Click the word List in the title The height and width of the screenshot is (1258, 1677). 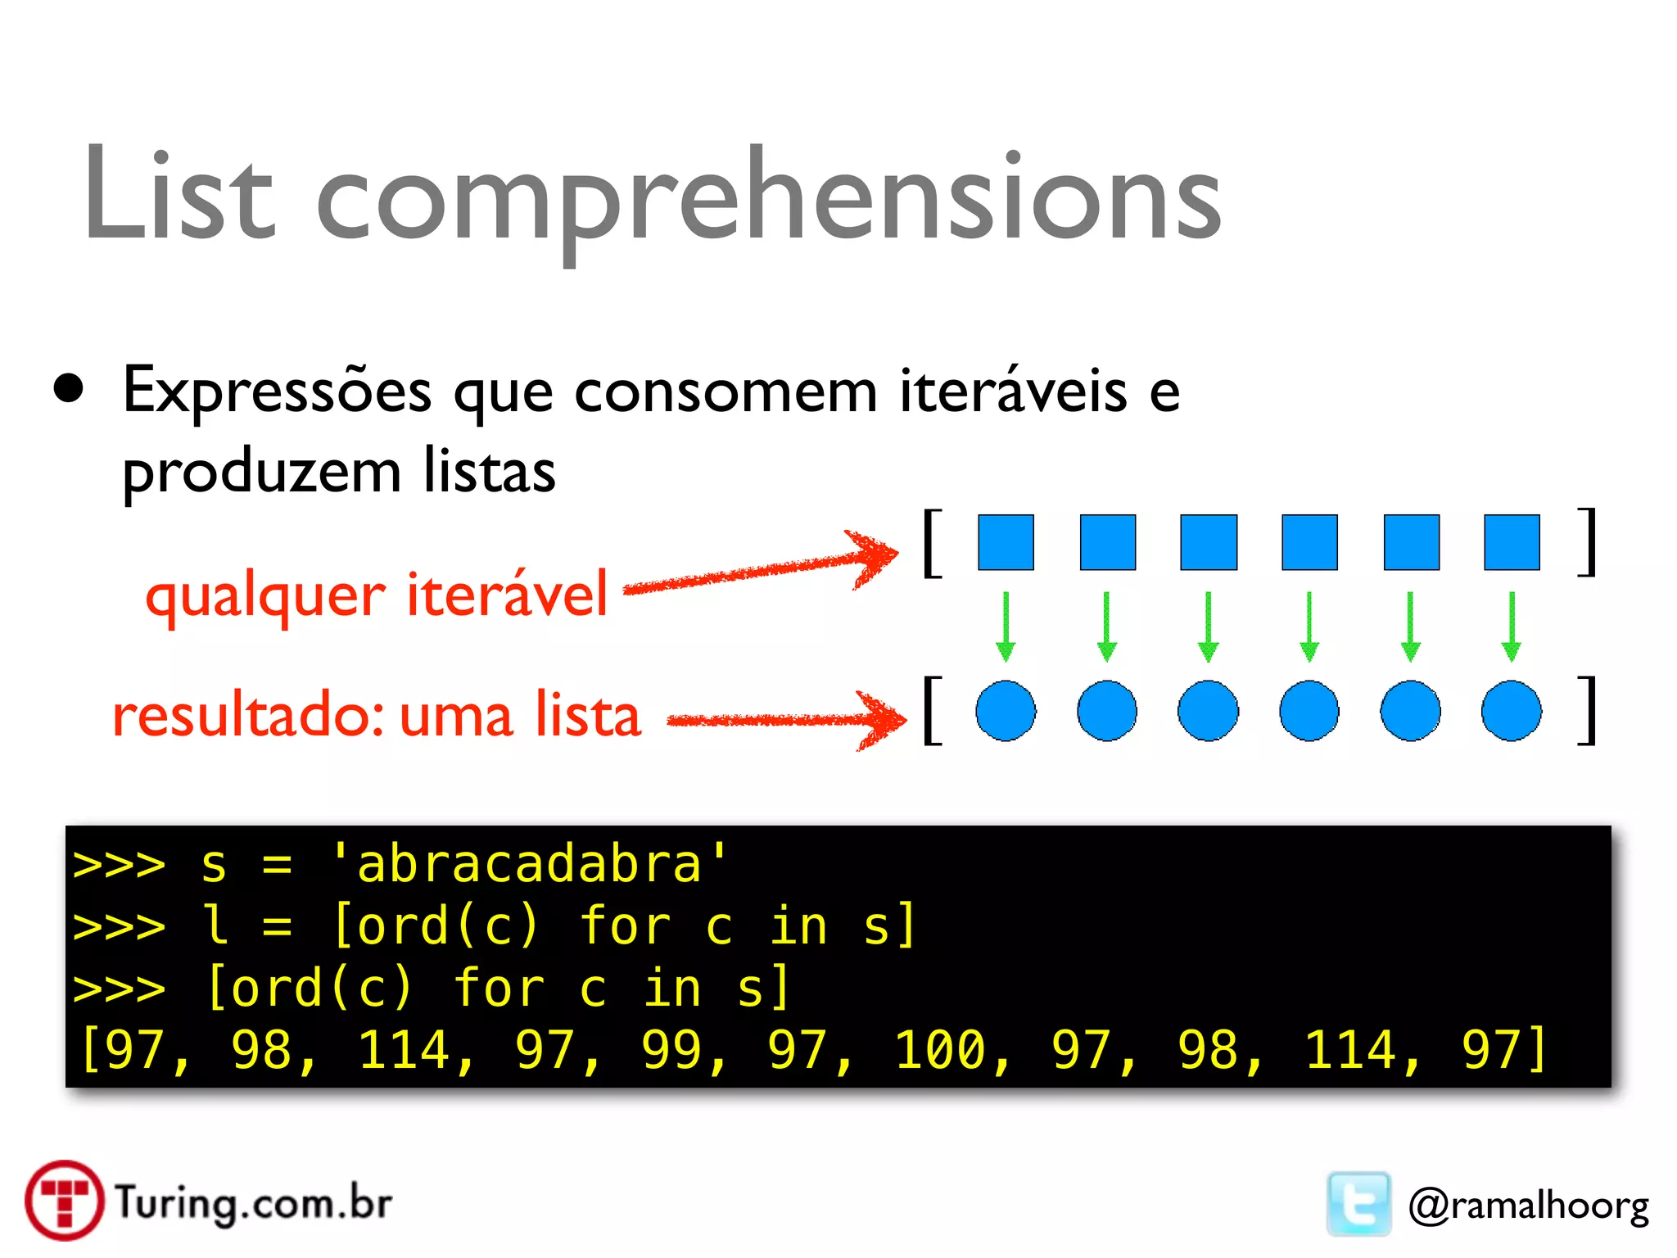[179, 197]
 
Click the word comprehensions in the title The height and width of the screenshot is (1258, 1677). [768, 201]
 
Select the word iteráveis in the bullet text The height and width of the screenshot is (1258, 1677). [1013, 391]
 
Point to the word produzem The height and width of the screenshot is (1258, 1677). [261, 473]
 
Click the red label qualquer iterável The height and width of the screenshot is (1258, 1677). [377, 595]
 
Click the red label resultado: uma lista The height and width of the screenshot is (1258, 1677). [377, 714]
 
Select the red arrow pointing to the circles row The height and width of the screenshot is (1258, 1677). [786, 720]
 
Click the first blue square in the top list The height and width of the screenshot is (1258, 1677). [1006, 542]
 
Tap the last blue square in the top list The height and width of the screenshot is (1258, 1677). [1512, 542]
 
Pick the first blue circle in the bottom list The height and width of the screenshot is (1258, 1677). [1006, 711]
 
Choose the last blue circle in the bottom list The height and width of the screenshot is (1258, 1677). [1512, 711]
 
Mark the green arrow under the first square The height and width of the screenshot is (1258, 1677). [1006, 627]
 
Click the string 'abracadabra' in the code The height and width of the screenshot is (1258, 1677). [529, 864]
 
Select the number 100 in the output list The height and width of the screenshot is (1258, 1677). [940, 1050]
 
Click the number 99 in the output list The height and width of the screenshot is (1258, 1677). [671, 1050]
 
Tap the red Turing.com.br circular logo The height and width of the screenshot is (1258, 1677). [64, 1201]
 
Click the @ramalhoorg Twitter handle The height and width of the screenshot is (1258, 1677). [1528, 1206]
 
